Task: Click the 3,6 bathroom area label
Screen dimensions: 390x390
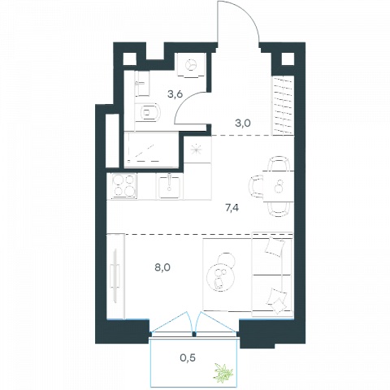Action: tap(175, 94)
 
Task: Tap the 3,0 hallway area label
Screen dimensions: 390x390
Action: tap(243, 123)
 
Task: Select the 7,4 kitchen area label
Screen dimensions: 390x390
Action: tap(232, 208)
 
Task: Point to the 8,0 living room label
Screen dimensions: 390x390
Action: tap(162, 267)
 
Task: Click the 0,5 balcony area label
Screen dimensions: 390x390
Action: tap(188, 358)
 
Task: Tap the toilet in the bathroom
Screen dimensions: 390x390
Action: tap(147, 112)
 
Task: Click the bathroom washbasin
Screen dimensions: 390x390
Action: tap(142, 84)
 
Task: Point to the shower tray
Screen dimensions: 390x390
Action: tap(151, 149)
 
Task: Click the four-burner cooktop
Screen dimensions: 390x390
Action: tap(124, 185)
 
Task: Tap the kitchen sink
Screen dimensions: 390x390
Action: tap(170, 186)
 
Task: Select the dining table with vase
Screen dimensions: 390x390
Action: tap(279, 186)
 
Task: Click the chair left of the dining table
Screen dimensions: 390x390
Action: tap(256, 186)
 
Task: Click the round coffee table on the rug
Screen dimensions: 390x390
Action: tap(219, 278)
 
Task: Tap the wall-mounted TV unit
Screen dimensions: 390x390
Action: tap(116, 276)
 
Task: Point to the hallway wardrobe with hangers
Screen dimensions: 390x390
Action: tap(283, 106)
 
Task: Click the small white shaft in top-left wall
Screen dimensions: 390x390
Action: tap(130, 59)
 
